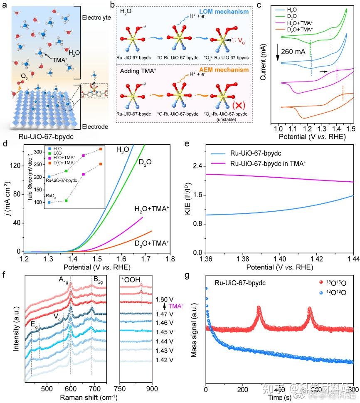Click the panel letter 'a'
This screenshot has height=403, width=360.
(5, 5)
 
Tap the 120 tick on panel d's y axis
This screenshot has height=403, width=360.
(16, 166)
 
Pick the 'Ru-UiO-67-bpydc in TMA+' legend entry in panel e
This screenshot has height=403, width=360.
(269, 163)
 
